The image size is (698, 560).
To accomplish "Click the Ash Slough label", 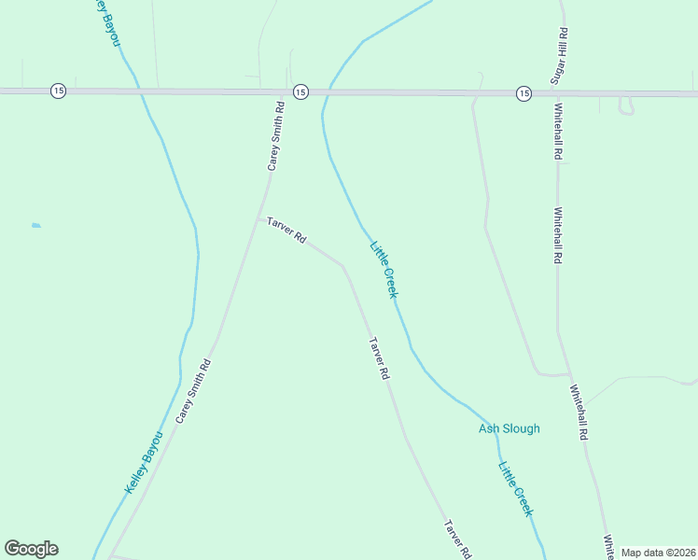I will (x=509, y=429).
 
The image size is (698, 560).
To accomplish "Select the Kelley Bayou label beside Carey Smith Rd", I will (x=144, y=462).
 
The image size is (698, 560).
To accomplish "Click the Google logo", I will (x=31, y=549).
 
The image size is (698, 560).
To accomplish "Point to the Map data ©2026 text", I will (x=658, y=553).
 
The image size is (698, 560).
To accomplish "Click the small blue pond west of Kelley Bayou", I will (x=36, y=225).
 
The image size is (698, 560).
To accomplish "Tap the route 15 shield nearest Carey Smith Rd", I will (x=300, y=91).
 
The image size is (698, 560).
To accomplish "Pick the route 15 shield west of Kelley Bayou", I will (x=58, y=91).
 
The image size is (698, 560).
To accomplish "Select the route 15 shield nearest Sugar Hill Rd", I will (x=523, y=93).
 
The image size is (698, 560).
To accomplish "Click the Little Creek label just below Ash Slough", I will (x=515, y=489).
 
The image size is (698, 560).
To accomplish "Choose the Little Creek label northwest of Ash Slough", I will (x=384, y=270).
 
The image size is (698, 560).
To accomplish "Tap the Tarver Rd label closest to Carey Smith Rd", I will (x=286, y=231).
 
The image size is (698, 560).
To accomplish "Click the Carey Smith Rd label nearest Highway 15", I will (x=275, y=136).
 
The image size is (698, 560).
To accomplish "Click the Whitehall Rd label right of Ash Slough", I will (x=578, y=412).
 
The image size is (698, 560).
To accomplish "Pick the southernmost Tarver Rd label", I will (x=456, y=539).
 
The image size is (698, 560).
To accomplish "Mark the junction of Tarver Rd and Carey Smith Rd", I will (x=259, y=219).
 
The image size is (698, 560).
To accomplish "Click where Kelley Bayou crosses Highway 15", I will (x=139, y=91).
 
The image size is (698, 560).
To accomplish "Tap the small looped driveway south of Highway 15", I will (x=626, y=106).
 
